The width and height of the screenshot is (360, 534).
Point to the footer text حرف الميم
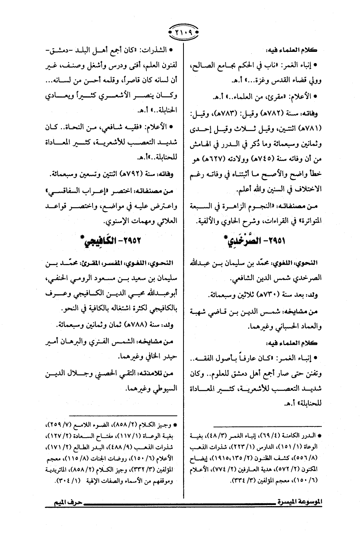(x=63, y=502)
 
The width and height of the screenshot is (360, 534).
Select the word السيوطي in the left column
(x=163, y=389)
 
